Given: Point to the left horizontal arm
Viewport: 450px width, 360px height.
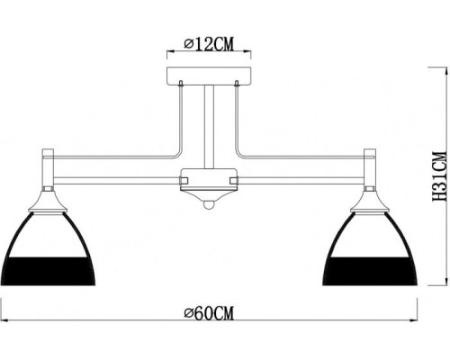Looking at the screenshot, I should point(117,171).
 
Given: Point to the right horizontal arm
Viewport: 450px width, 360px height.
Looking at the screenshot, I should point(301,171).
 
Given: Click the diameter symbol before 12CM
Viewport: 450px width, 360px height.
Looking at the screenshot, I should point(187,43).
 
